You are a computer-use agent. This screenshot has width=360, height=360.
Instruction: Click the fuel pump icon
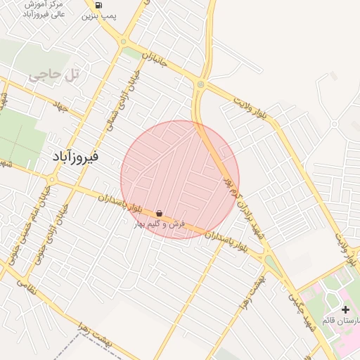(98, 4)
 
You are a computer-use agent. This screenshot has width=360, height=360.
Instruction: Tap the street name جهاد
(70, 108)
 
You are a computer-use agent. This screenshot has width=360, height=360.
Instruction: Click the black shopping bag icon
(160, 213)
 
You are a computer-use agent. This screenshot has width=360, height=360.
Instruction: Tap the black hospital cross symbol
(345, 309)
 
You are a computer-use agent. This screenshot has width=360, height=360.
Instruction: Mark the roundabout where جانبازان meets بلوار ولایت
(201, 85)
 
